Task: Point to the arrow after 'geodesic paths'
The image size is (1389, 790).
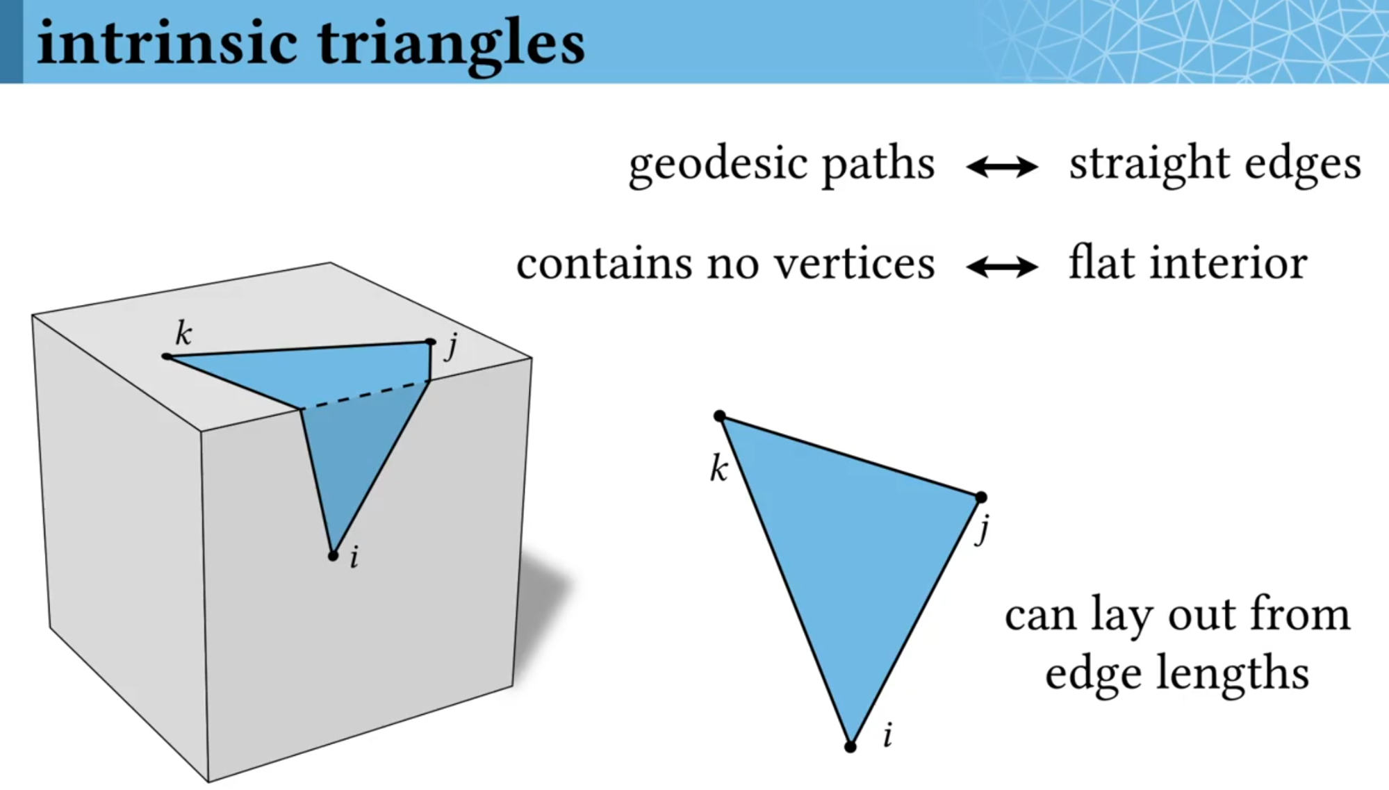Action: pyautogui.click(x=1002, y=167)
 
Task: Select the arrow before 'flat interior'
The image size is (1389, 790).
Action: pyautogui.click(x=1002, y=267)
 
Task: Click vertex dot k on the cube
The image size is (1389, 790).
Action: pyautogui.click(x=167, y=356)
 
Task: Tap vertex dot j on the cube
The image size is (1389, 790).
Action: pyautogui.click(x=431, y=342)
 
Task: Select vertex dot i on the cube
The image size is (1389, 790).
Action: pyautogui.click(x=333, y=556)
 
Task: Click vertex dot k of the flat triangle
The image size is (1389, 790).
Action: pyautogui.click(x=720, y=416)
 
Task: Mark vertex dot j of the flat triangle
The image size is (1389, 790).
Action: pyautogui.click(x=981, y=497)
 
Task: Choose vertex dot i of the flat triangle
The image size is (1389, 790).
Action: pyautogui.click(x=850, y=747)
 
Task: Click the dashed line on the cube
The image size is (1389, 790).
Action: pyautogui.click(x=365, y=395)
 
